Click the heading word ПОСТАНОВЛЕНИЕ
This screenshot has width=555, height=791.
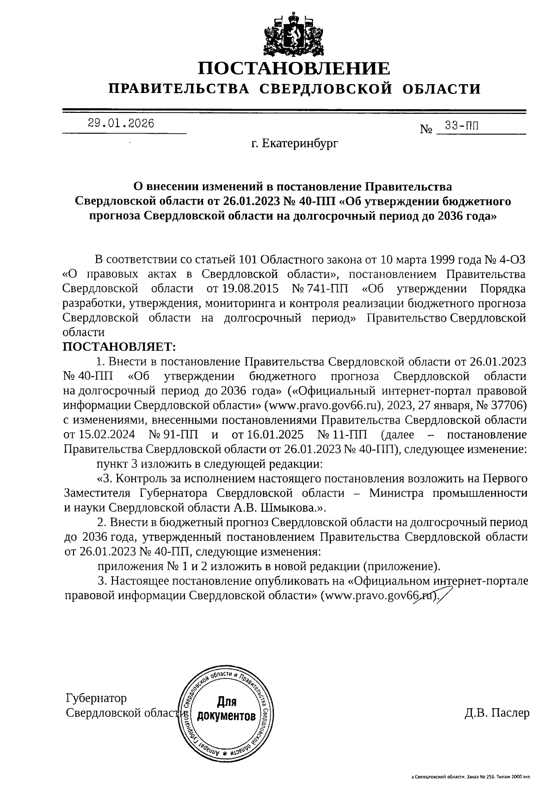pos(294,68)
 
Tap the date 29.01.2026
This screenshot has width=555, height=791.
pos(121,124)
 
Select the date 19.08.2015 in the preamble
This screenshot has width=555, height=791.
pos(250,289)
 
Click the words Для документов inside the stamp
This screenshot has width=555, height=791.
pos(226,710)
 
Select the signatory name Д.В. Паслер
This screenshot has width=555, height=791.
pos(497,713)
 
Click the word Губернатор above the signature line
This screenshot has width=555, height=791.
pos(96,698)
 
